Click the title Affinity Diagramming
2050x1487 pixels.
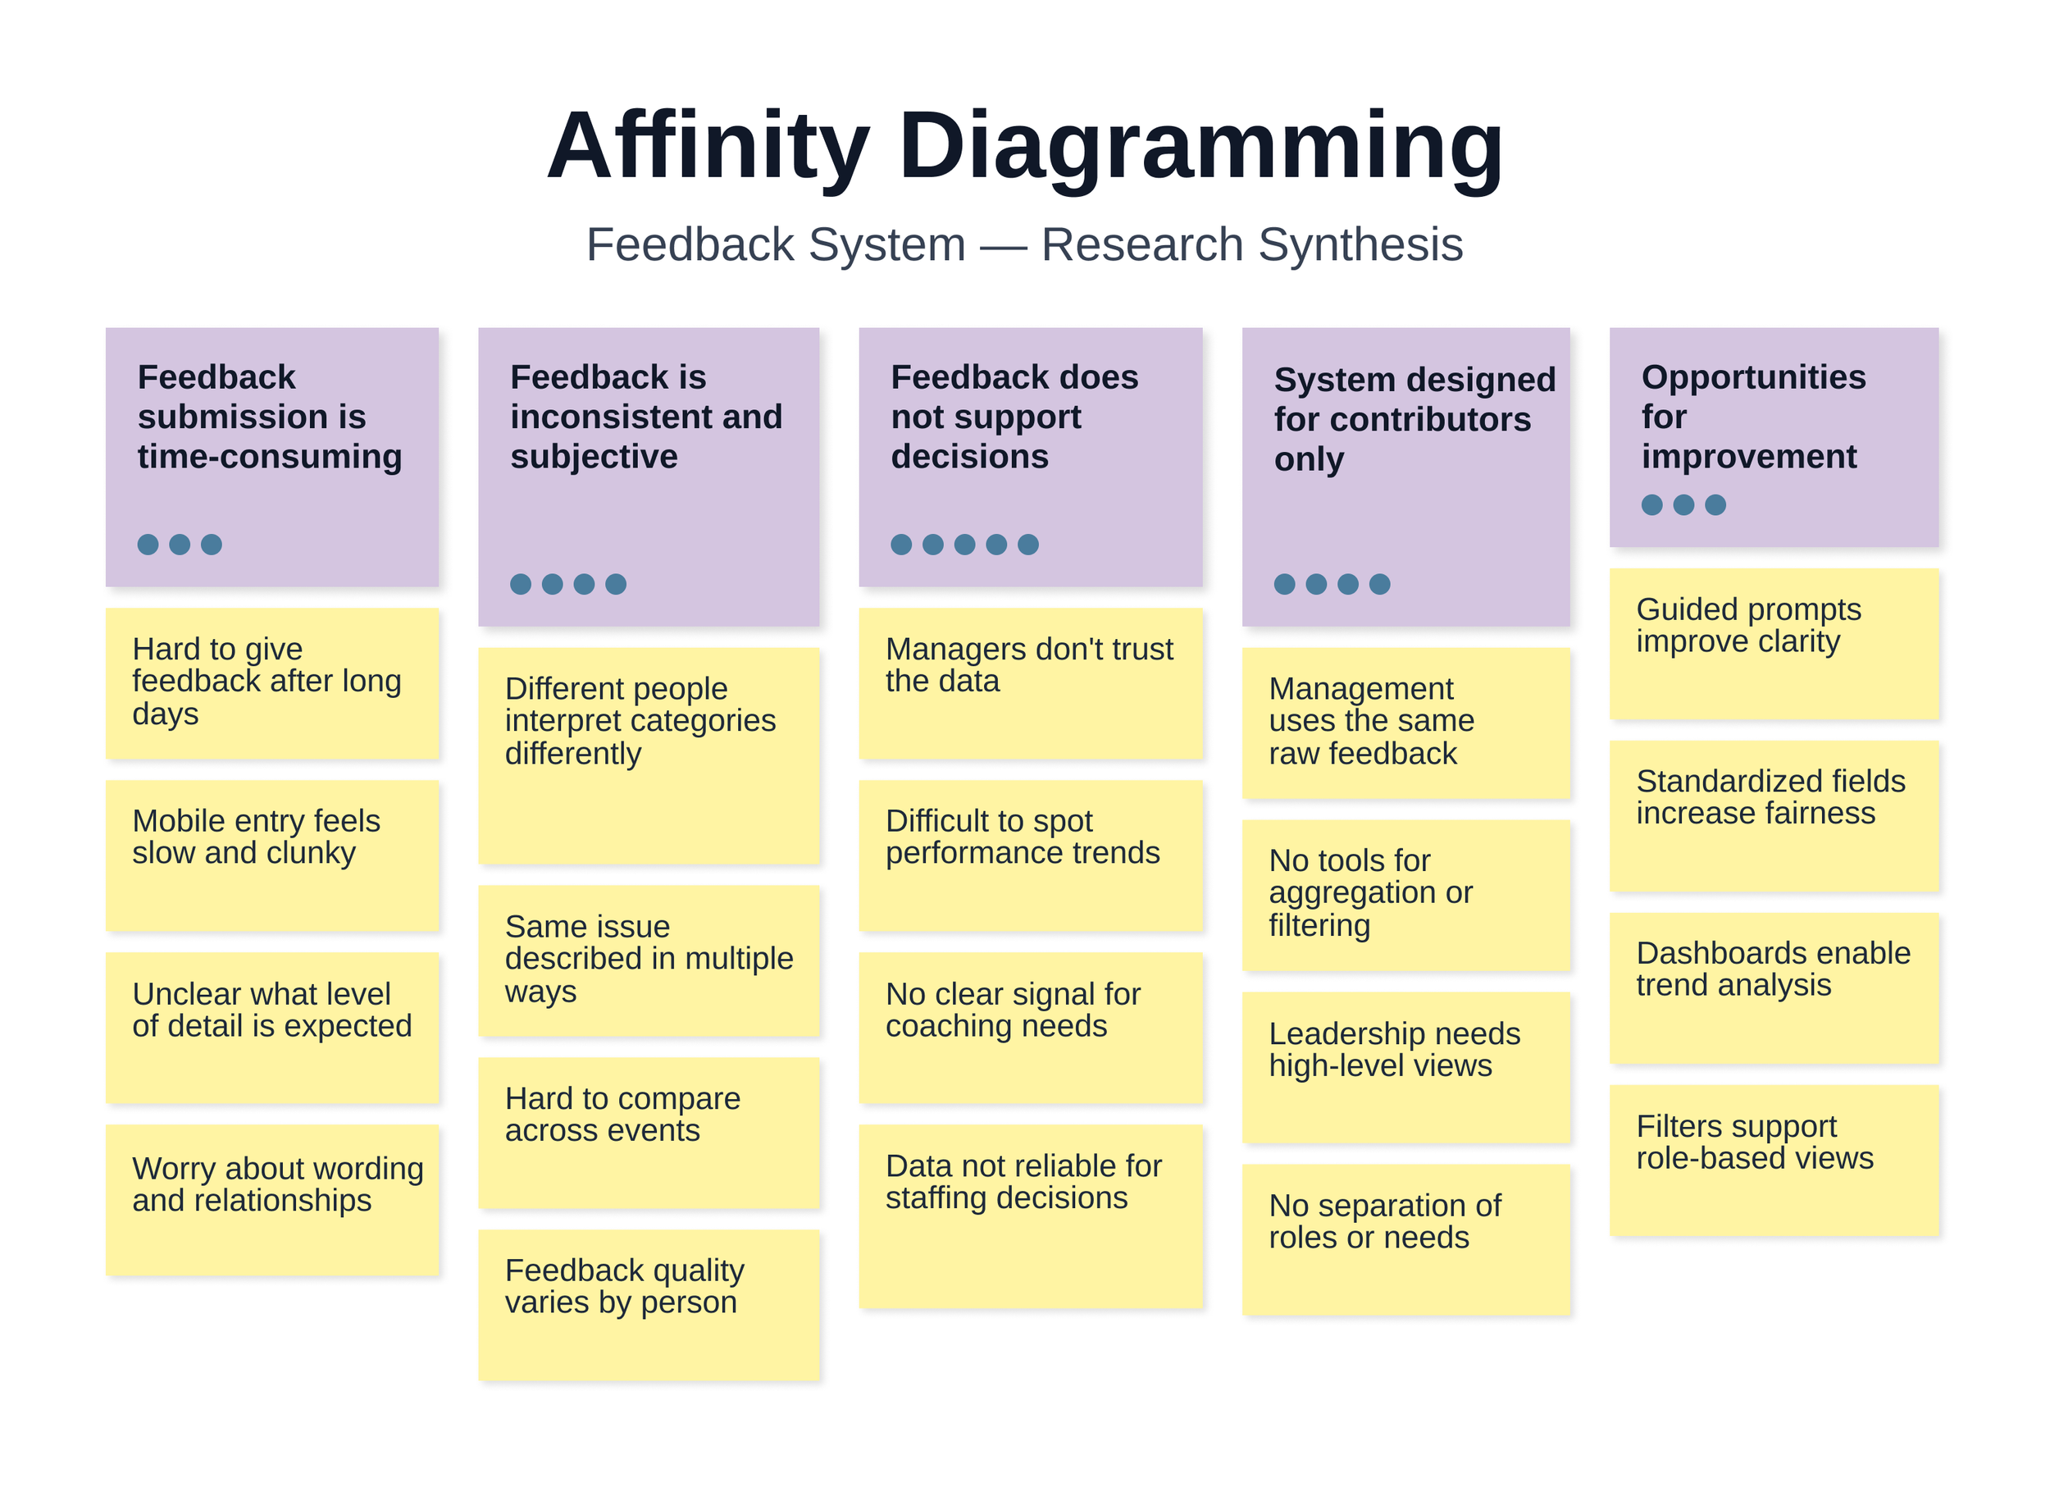[1024, 147]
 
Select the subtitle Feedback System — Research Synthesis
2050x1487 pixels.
[1024, 244]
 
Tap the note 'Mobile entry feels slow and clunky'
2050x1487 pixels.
[272, 855]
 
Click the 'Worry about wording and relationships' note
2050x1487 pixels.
[272, 1200]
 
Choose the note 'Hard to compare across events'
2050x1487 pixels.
[648, 1132]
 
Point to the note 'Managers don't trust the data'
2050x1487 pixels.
[1031, 682]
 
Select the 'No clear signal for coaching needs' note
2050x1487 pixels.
[1031, 1027]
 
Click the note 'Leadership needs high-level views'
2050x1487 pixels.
[1405, 1067]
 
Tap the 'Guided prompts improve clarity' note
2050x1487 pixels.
[1774, 643]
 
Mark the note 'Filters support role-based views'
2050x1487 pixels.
[1774, 1160]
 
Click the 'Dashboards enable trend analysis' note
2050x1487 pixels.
[1774, 988]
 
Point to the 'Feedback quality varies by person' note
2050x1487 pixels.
[648, 1303]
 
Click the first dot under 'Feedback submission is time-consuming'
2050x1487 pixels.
[148, 544]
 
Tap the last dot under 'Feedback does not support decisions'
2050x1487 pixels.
[1027, 544]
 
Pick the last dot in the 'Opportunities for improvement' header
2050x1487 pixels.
[1715, 504]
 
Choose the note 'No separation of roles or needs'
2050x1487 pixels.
[1405, 1238]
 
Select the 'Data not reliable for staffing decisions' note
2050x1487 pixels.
[1031, 1214]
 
